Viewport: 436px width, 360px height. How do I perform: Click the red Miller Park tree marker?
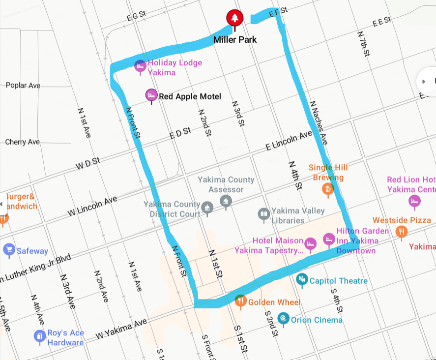235,18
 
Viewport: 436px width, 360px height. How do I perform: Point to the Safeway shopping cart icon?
9,250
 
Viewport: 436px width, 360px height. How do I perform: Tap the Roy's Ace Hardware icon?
39,336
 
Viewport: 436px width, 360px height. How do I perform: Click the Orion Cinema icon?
283,319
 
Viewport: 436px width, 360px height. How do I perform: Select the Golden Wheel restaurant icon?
240,300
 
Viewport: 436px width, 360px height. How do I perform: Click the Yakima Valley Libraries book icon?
264,214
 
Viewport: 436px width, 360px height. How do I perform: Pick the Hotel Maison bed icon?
310,243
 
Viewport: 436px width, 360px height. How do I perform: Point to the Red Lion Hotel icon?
414,201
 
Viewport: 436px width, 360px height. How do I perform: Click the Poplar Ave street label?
23,86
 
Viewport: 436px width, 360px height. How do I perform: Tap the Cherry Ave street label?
23,142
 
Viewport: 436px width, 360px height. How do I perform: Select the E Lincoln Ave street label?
289,141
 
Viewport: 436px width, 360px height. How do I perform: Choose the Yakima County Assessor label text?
226,184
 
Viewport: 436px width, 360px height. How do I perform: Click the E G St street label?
136,16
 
